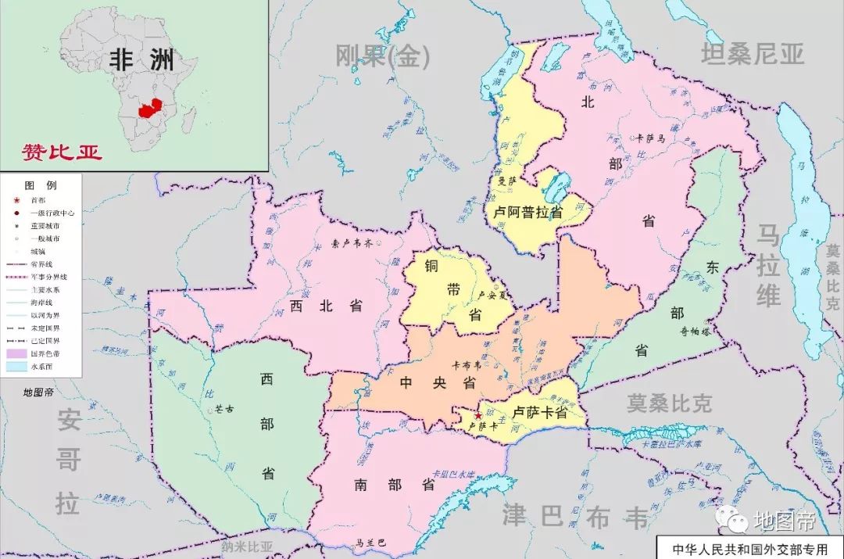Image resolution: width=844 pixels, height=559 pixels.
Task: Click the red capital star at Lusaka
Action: [x=478, y=416]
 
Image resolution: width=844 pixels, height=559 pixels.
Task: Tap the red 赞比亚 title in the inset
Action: [x=62, y=152]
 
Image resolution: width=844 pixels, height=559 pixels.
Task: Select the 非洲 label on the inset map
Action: [x=142, y=60]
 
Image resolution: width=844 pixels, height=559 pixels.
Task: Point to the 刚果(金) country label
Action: [x=382, y=56]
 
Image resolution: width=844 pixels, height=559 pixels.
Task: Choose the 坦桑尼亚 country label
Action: [x=752, y=54]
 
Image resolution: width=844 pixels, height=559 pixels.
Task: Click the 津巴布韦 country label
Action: [x=575, y=516]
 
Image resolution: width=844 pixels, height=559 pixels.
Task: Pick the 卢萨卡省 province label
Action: [x=540, y=413]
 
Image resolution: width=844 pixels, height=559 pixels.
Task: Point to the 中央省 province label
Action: [x=438, y=383]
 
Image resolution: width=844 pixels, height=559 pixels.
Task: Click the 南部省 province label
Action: [x=395, y=485]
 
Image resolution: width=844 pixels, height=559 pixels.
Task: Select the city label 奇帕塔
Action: [x=693, y=331]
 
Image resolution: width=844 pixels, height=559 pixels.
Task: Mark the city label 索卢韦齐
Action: [x=352, y=243]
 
